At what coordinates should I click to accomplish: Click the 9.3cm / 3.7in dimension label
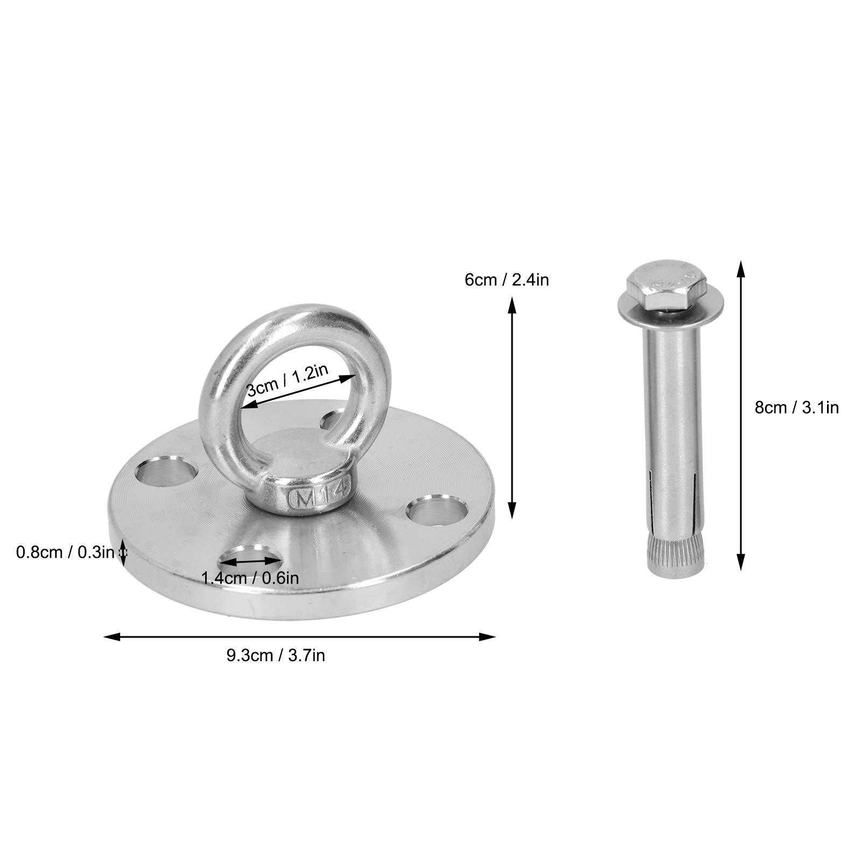[x=275, y=656]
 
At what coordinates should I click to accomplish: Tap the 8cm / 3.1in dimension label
[x=796, y=408]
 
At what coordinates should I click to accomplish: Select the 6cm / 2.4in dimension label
[x=507, y=279]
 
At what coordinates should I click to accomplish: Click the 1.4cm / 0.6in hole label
[x=250, y=579]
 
